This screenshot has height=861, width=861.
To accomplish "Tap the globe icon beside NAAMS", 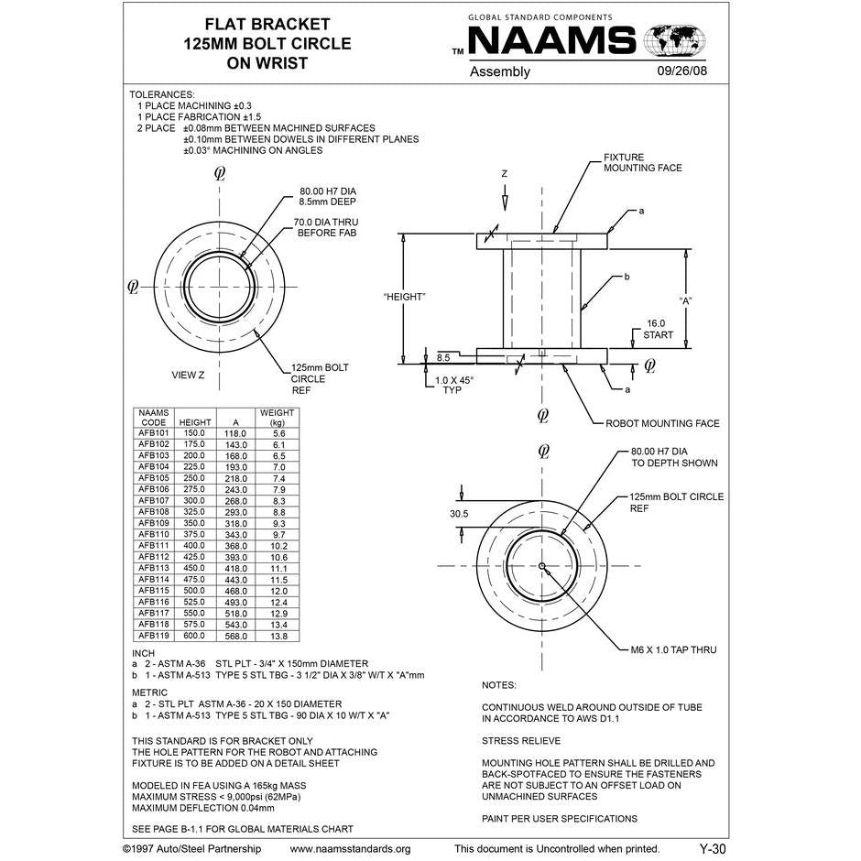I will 676,40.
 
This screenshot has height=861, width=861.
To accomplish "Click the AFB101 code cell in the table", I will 154,433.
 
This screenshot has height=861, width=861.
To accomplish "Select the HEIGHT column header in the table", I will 194,422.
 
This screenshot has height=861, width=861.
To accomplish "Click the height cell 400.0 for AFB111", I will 194,546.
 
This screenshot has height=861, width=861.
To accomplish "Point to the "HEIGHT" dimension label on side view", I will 404,296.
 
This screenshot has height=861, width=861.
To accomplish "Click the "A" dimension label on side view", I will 685,300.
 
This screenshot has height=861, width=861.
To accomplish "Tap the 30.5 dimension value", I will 459,514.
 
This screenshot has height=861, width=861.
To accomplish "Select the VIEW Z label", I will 188,375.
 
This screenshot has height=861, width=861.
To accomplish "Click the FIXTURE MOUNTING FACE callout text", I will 642,162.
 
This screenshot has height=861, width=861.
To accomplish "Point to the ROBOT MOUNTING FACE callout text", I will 662,424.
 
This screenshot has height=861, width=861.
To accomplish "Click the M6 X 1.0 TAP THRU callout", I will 673,649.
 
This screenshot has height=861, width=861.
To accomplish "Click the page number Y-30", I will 712,849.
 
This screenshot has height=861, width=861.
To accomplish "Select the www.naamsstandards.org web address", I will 350,849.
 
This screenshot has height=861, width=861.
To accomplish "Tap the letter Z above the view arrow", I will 503,173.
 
